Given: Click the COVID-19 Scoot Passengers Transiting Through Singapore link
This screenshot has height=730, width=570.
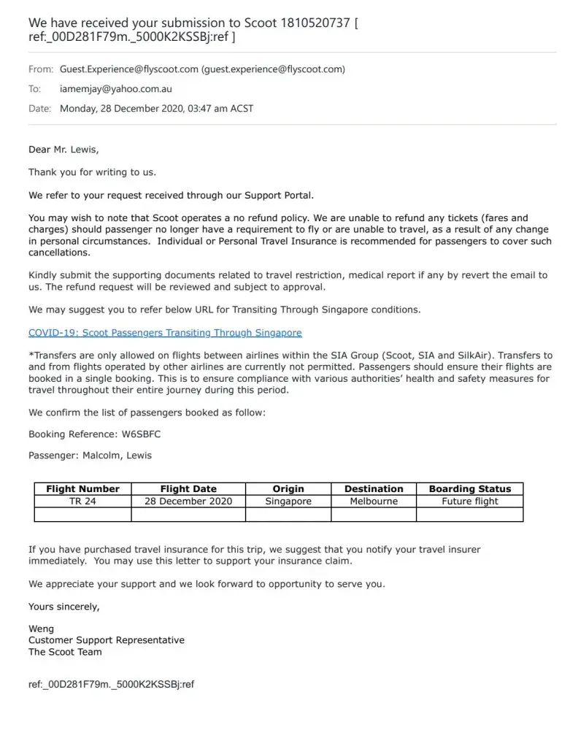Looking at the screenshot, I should tap(164, 333).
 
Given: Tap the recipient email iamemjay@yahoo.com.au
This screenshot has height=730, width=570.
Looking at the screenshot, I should tap(116, 89).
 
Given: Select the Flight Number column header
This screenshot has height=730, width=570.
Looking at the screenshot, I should tap(82, 489).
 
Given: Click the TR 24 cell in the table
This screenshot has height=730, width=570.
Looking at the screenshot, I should tap(82, 502).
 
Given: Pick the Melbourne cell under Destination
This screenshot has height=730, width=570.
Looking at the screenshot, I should tap(374, 502).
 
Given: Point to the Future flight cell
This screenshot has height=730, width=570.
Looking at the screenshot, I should tap(470, 502).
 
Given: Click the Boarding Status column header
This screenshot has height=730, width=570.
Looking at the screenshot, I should tap(470, 489).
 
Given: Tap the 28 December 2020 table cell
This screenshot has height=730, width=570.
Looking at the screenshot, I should tap(188, 502).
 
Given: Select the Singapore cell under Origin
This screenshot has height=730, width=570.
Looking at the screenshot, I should tap(288, 502).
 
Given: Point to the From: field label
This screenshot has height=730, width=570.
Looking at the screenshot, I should tap(41, 69).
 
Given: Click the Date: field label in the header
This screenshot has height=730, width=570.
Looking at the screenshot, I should tap(40, 109).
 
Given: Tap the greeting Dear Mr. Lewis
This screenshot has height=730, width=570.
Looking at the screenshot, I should tap(63, 150).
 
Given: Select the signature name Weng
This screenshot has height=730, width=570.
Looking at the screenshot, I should tap(41, 629).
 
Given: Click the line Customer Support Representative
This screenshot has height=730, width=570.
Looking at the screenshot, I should tap(107, 640).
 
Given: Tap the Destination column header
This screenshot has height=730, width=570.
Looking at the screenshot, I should tap(374, 489).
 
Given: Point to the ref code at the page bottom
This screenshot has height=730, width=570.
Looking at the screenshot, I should tap(111, 685).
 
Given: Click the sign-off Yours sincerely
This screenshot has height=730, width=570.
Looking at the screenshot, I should tap(64, 607).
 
